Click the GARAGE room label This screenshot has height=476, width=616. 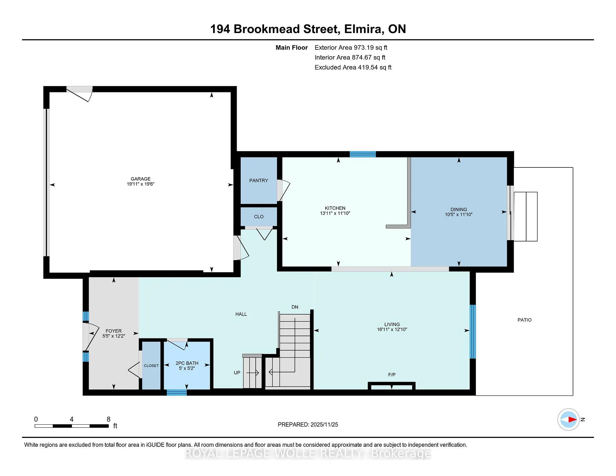[x=141, y=179]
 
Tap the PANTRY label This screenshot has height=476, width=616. [x=259, y=181]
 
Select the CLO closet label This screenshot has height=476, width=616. [x=259, y=217]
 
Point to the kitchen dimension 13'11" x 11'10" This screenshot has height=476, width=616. [x=335, y=213]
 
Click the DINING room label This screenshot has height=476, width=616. [x=458, y=209]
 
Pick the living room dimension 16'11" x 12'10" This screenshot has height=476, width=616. [x=392, y=329]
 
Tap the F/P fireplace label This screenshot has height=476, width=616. [x=392, y=375]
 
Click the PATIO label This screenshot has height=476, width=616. [x=525, y=320]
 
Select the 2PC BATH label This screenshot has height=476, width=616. [x=187, y=363]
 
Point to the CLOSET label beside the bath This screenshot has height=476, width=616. [x=151, y=366]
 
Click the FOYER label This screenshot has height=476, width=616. [x=114, y=331]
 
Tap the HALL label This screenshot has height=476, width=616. [x=241, y=314]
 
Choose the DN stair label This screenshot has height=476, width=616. [x=295, y=307]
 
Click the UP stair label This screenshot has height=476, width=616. [x=237, y=373]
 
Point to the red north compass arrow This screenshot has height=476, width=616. [x=573, y=420]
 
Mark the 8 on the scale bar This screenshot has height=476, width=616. [x=108, y=419]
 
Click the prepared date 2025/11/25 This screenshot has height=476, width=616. [x=324, y=425]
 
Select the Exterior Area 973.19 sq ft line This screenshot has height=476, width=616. [x=351, y=47]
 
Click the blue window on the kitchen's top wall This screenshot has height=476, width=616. [x=363, y=154]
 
